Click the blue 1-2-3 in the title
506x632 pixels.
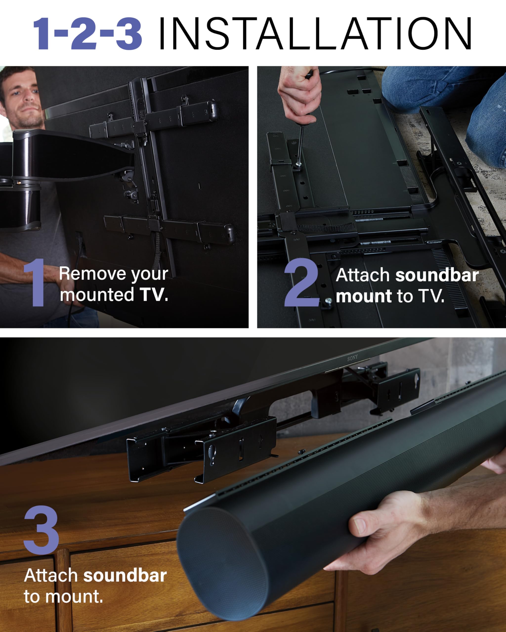(87, 34)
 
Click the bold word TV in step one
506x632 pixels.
(153, 295)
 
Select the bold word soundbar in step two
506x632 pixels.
(437, 276)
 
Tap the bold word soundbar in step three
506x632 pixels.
(125, 575)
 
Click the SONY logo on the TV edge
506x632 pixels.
(352, 358)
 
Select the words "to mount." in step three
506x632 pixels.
(63, 596)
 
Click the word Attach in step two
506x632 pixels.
(362, 276)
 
